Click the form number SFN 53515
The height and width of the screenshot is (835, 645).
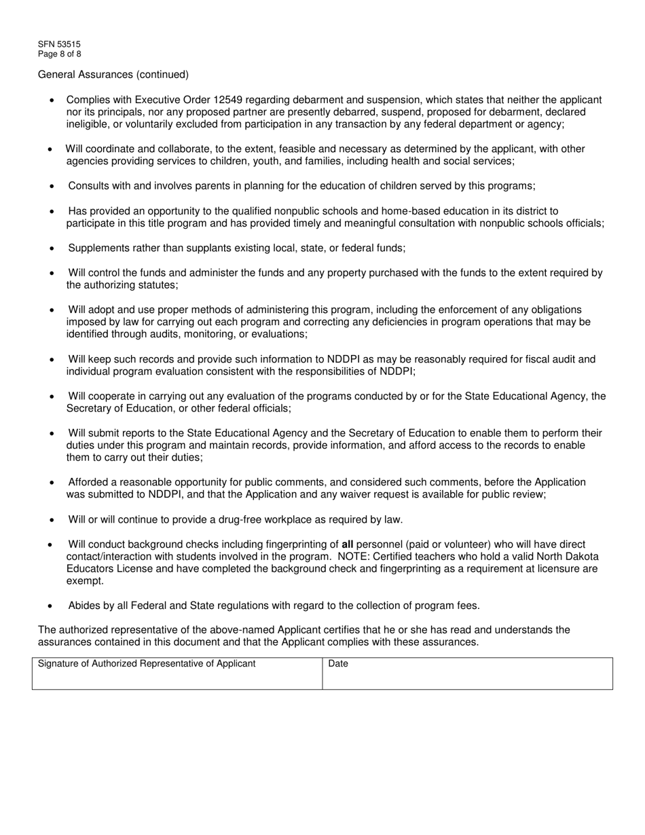coord(59,44)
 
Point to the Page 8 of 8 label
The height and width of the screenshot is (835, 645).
coord(60,54)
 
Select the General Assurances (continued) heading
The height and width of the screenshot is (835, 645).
coord(113,74)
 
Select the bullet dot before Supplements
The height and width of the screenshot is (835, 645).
coord(52,248)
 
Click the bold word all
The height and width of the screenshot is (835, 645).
coord(348,544)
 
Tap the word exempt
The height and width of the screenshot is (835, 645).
coord(85,581)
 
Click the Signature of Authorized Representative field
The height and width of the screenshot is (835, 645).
coord(177,678)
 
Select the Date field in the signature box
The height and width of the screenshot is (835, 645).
coord(467,678)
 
